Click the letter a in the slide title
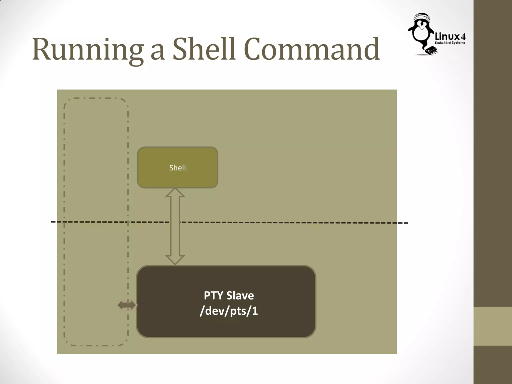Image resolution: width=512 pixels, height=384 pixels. point(158,52)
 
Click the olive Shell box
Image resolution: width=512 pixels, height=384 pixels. point(177,167)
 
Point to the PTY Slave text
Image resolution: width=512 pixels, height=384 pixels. point(229,295)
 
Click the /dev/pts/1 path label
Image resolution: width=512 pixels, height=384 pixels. point(229,311)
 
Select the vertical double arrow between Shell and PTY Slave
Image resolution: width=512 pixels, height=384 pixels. point(175,226)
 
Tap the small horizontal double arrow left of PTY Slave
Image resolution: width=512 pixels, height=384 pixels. point(127,305)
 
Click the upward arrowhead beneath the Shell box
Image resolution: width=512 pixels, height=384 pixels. point(175,193)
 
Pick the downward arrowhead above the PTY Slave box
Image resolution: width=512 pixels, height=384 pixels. point(175,260)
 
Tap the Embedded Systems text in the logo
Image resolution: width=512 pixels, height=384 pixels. point(450,43)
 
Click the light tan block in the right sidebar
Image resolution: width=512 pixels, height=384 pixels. point(493,326)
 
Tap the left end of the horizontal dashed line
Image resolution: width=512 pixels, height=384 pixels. point(52,222)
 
